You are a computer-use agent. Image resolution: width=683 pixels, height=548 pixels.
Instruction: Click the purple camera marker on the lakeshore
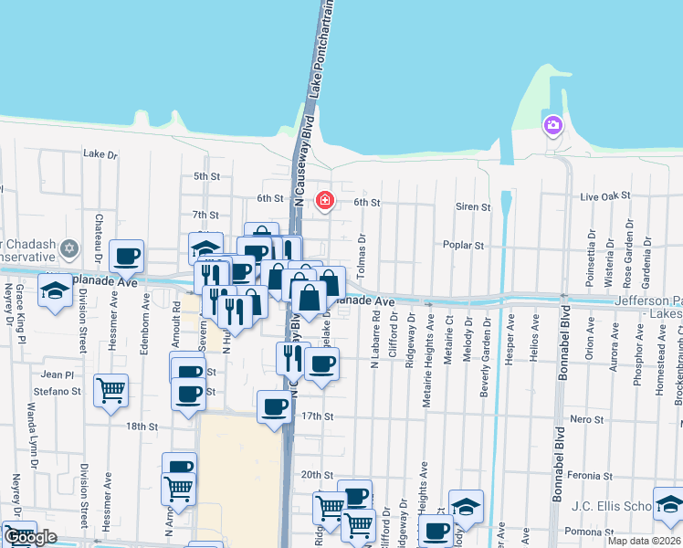pos(552,125)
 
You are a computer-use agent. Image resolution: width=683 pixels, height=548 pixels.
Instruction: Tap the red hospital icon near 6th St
pos(324,200)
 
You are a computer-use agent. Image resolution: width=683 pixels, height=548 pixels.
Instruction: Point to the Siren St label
pos(473,207)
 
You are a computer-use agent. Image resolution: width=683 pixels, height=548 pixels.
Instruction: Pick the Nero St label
pos(582,418)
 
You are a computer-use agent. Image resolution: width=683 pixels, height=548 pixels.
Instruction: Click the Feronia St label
pos(589,476)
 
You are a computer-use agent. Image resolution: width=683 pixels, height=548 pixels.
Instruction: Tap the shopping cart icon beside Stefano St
pos(110,390)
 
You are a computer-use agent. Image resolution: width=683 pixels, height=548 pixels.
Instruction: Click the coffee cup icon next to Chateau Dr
pos(126,256)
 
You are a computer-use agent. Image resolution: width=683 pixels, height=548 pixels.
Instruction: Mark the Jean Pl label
pos(58,374)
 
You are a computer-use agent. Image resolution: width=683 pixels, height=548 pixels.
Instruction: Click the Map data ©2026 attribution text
pos(644,541)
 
